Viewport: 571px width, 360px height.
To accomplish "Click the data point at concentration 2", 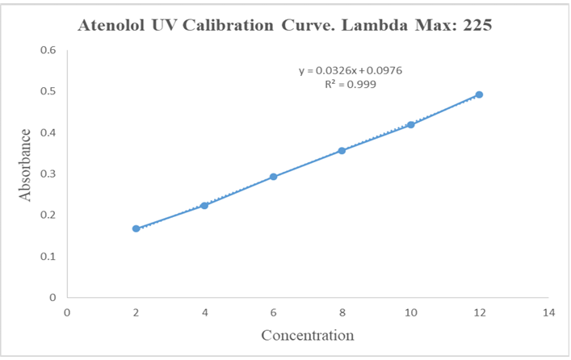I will coord(136,228).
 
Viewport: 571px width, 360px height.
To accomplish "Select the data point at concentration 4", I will coord(204,206).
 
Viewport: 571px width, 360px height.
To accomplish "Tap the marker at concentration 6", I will coord(273,177).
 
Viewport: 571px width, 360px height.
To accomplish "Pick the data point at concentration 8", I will coord(342,150).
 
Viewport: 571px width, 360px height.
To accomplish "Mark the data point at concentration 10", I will coord(411,124).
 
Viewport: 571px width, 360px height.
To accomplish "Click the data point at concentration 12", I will coord(480,94).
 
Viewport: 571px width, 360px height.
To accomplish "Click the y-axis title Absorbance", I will coord(26,165).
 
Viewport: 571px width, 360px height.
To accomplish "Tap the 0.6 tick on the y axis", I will coord(48,50).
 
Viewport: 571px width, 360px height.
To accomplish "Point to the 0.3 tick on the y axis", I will coord(48,174).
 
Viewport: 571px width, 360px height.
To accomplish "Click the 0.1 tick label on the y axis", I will coord(48,256).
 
